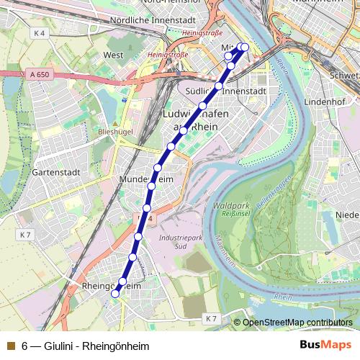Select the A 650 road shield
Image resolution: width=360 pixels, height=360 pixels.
40,74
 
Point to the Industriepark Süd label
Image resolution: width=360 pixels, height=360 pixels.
180,240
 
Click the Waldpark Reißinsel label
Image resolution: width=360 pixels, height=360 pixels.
231,210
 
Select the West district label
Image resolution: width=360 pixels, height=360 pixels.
113,55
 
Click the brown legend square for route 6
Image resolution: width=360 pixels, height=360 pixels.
10,346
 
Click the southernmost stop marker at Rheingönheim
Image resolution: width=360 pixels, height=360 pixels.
115,293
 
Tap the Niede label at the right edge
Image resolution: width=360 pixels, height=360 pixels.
347,215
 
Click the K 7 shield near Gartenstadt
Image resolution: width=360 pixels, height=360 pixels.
25,235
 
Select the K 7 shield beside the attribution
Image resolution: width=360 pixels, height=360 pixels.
210,318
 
